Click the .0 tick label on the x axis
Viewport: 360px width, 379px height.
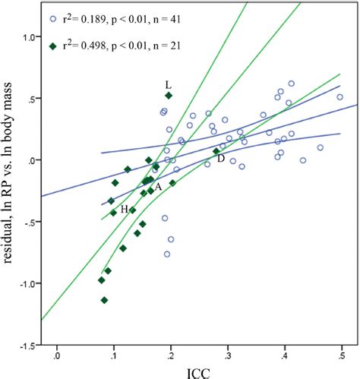pos(56,353)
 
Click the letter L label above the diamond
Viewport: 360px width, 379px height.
pos(169,84)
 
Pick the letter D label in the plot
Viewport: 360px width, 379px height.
pos(221,158)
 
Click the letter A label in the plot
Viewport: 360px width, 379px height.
pos(158,186)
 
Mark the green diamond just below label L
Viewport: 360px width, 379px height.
pos(169,96)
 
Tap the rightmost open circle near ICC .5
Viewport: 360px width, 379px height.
pos(339,97)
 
